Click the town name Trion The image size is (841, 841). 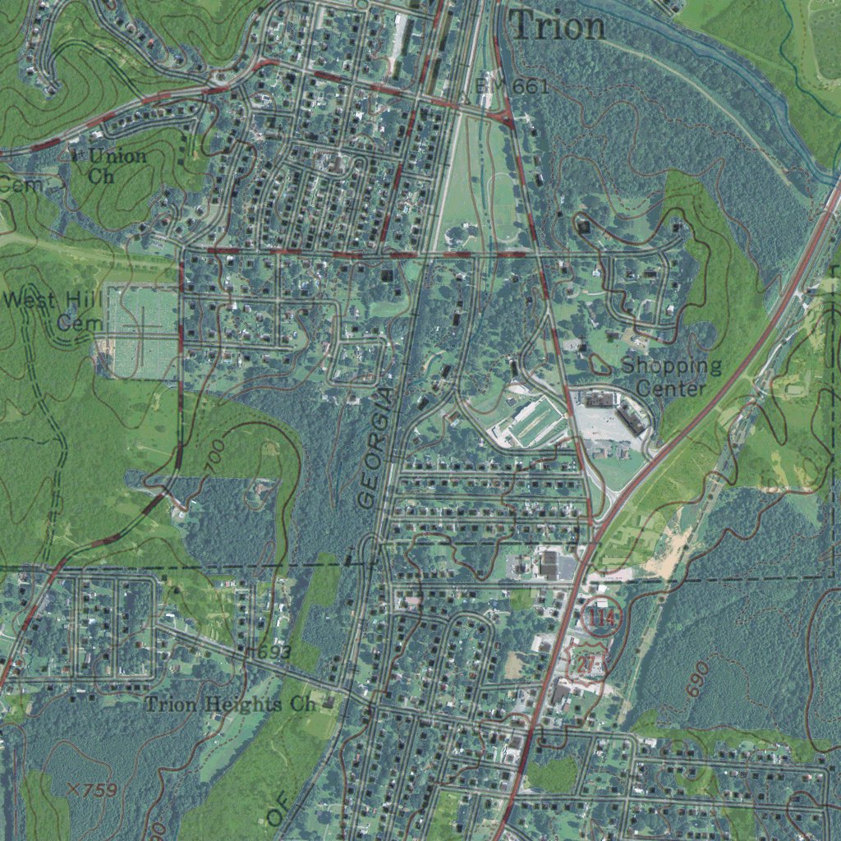(558, 26)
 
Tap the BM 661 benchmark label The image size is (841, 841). (512, 85)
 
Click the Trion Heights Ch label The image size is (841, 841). (230, 704)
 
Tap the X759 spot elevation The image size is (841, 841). (93, 789)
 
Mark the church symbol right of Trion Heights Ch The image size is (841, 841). (329, 703)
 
